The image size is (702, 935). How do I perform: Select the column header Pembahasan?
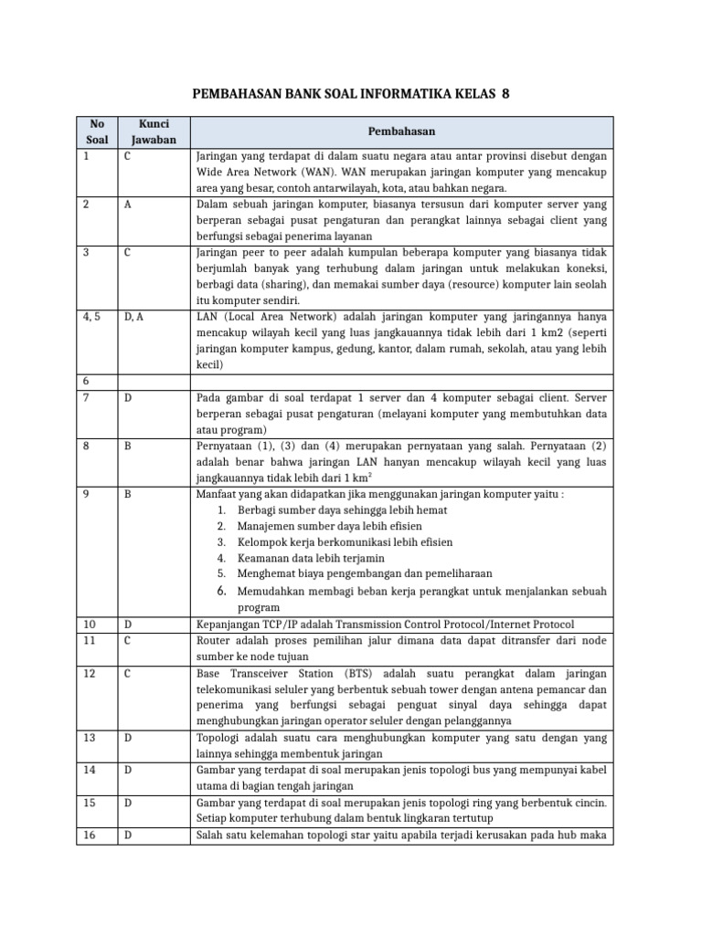tap(401, 131)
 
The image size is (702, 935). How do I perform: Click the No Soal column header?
tap(96, 131)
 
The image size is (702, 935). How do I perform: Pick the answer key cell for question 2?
tap(129, 205)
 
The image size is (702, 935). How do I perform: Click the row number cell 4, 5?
tap(92, 316)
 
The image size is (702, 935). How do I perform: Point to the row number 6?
tap(86, 382)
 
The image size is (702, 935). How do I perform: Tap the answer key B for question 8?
tap(129, 446)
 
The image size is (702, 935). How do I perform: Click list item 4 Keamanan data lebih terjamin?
tap(310, 558)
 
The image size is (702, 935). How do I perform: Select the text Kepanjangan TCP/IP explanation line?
tap(385, 624)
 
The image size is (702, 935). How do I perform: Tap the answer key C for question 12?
tap(129, 673)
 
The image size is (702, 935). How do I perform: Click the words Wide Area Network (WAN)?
tap(255, 172)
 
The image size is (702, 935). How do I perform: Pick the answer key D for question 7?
tap(129, 398)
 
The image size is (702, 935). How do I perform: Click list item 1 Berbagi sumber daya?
tap(329, 510)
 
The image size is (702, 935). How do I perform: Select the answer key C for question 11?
tap(129, 640)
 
